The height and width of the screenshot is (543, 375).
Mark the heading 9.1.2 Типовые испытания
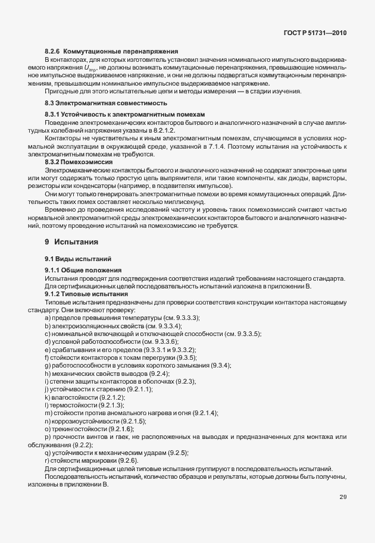click(86, 294)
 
